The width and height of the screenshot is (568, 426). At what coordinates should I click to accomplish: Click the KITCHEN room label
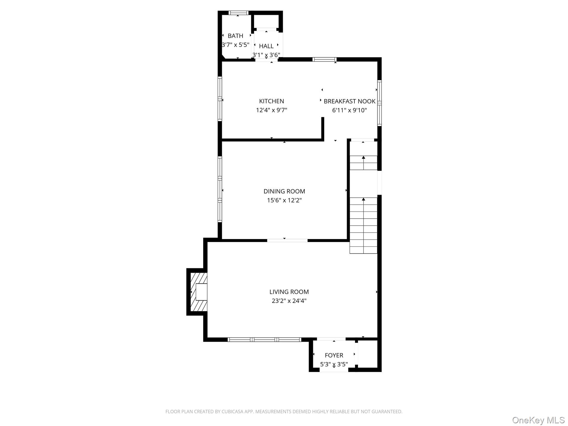coord(271,101)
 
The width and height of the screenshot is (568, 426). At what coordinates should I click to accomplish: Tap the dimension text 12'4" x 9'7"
coord(271,110)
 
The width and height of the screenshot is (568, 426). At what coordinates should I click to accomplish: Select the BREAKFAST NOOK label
coord(349,101)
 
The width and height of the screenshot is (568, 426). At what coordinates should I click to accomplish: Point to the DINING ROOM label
coord(284,191)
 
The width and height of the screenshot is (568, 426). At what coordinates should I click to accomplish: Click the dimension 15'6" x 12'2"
coord(284,200)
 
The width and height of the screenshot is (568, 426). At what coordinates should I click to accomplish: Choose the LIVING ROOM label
coord(289,292)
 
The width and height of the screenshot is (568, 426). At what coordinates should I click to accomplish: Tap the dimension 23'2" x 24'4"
coord(289,301)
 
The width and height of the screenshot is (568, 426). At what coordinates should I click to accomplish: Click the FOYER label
coord(334,355)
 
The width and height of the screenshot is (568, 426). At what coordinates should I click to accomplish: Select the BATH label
coord(235,36)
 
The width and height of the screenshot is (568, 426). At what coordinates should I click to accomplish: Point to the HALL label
coord(266,46)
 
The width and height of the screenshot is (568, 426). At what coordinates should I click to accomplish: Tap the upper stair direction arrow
coord(363,158)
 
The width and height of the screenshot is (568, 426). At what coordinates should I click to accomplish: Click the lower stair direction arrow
coord(363,200)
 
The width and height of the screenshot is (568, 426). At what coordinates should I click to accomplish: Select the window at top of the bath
coord(238,13)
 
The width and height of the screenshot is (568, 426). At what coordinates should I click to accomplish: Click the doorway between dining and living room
coord(287,241)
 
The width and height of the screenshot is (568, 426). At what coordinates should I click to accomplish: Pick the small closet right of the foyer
coord(367,354)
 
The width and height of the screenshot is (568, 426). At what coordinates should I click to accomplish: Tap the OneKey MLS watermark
coord(538,420)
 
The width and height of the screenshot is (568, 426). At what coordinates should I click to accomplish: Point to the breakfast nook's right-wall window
coord(379,103)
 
